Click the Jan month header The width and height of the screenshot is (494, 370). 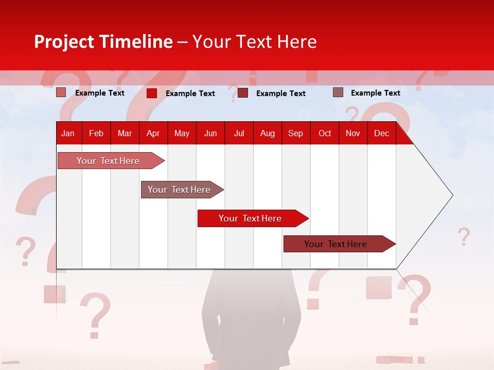68,133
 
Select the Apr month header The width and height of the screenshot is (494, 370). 153,133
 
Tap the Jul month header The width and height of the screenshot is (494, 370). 239,133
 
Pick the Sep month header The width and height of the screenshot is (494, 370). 295,133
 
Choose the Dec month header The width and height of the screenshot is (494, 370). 381,133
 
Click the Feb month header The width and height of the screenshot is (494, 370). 96,133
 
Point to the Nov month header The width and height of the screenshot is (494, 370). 353,133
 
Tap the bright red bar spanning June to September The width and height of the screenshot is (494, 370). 251,218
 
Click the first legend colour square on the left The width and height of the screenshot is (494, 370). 61,92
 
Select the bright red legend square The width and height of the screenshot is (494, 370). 152,93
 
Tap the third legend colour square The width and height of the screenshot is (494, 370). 243,93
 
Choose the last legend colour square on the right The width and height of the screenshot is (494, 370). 338,92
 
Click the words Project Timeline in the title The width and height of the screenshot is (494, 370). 103,42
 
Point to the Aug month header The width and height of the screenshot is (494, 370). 268,133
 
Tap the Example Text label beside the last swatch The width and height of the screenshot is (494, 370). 375,93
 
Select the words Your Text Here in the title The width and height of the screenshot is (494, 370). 254,42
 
